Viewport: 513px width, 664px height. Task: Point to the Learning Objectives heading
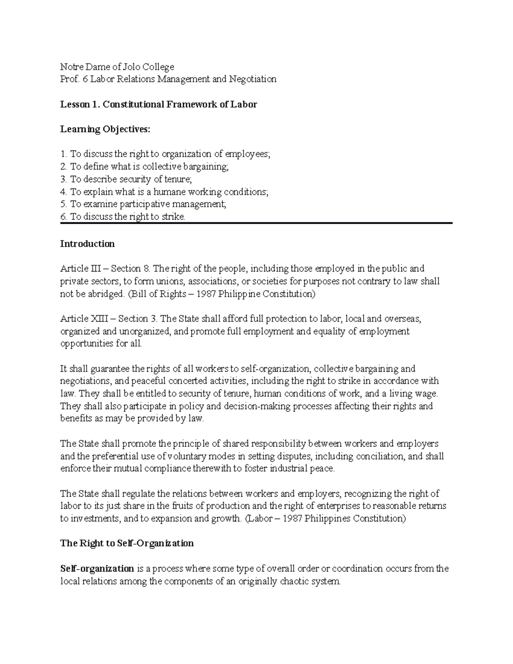(x=106, y=129)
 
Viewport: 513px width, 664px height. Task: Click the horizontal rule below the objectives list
(x=256, y=223)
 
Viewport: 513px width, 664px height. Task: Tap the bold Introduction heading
(x=87, y=244)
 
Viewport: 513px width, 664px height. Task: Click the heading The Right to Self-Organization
(x=127, y=543)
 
